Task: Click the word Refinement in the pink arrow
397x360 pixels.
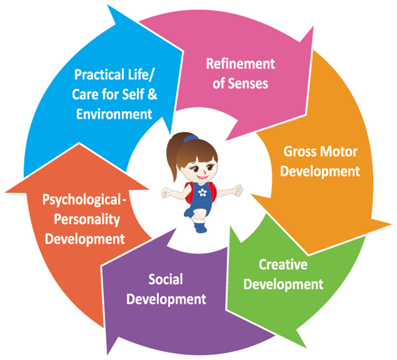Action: (x=240, y=64)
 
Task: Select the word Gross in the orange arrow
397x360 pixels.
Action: (x=300, y=151)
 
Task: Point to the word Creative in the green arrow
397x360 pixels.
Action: (x=283, y=264)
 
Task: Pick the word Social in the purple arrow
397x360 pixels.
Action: (x=166, y=280)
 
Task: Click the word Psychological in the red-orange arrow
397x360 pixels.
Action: (x=81, y=200)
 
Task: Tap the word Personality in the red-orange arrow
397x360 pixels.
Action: (x=87, y=220)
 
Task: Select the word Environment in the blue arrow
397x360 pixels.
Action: (x=114, y=114)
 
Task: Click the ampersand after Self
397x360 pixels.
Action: (x=152, y=94)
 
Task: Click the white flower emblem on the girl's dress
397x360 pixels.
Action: (x=202, y=193)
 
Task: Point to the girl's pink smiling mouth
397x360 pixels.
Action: (x=202, y=177)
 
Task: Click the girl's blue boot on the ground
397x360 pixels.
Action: (x=200, y=226)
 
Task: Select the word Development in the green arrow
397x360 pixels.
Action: (x=283, y=285)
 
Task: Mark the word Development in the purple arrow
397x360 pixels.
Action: (x=166, y=299)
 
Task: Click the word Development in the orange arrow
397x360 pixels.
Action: (x=320, y=172)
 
